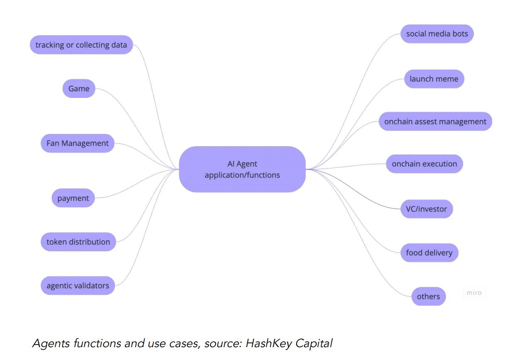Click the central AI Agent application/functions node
[242, 169]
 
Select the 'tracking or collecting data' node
[81, 45]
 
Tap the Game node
[79, 88]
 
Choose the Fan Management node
[78, 143]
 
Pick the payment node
[73, 198]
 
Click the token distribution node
[78, 242]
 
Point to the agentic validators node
[78, 286]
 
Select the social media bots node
[437, 34]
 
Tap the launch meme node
[434, 79]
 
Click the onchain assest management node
[435, 122]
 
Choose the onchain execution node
[425, 164]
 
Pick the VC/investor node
[427, 209]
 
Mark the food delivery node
[429, 253]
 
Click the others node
[428, 297]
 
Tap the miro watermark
[474, 293]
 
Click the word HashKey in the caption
[268, 343]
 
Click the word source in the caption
[223, 344]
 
